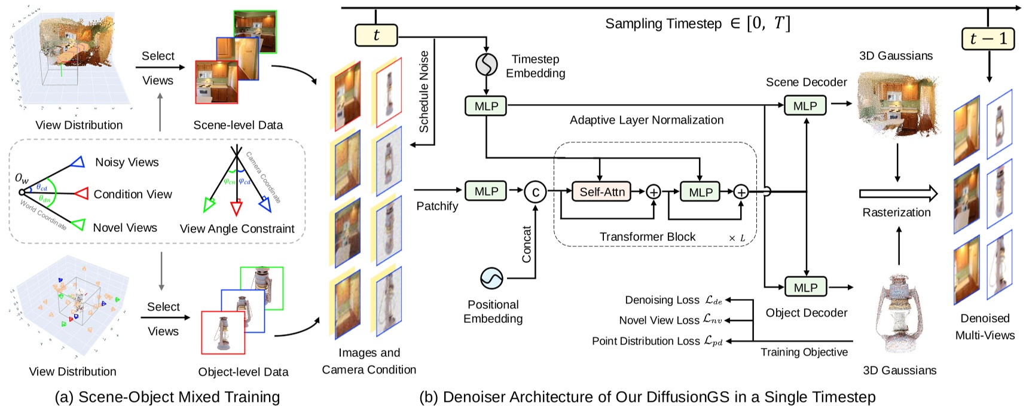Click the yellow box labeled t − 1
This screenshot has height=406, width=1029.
(x=988, y=39)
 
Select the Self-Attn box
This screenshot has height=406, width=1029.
(x=601, y=192)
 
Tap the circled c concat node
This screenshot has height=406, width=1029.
(x=535, y=192)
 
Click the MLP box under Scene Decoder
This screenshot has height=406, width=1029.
(x=805, y=106)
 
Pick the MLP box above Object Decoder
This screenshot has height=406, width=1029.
(x=805, y=288)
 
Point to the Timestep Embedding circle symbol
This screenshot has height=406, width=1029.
(x=487, y=65)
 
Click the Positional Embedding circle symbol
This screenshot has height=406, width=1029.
(x=491, y=278)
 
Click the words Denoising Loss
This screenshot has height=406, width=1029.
(x=662, y=300)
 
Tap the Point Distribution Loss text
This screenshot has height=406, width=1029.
(x=645, y=341)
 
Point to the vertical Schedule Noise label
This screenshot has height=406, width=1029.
(x=424, y=91)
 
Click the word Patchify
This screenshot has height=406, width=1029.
(x=437, y=206)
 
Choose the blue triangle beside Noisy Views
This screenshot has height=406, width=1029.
(x=78, y=162)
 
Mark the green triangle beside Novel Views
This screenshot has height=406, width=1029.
(x=78, y=225)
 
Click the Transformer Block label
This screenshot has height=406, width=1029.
(x=648, y=237)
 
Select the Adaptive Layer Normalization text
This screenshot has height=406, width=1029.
(x=646, y=120)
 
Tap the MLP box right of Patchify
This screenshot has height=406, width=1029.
(x=486, y=191)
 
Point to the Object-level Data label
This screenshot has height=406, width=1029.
(x=243, y=372)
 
